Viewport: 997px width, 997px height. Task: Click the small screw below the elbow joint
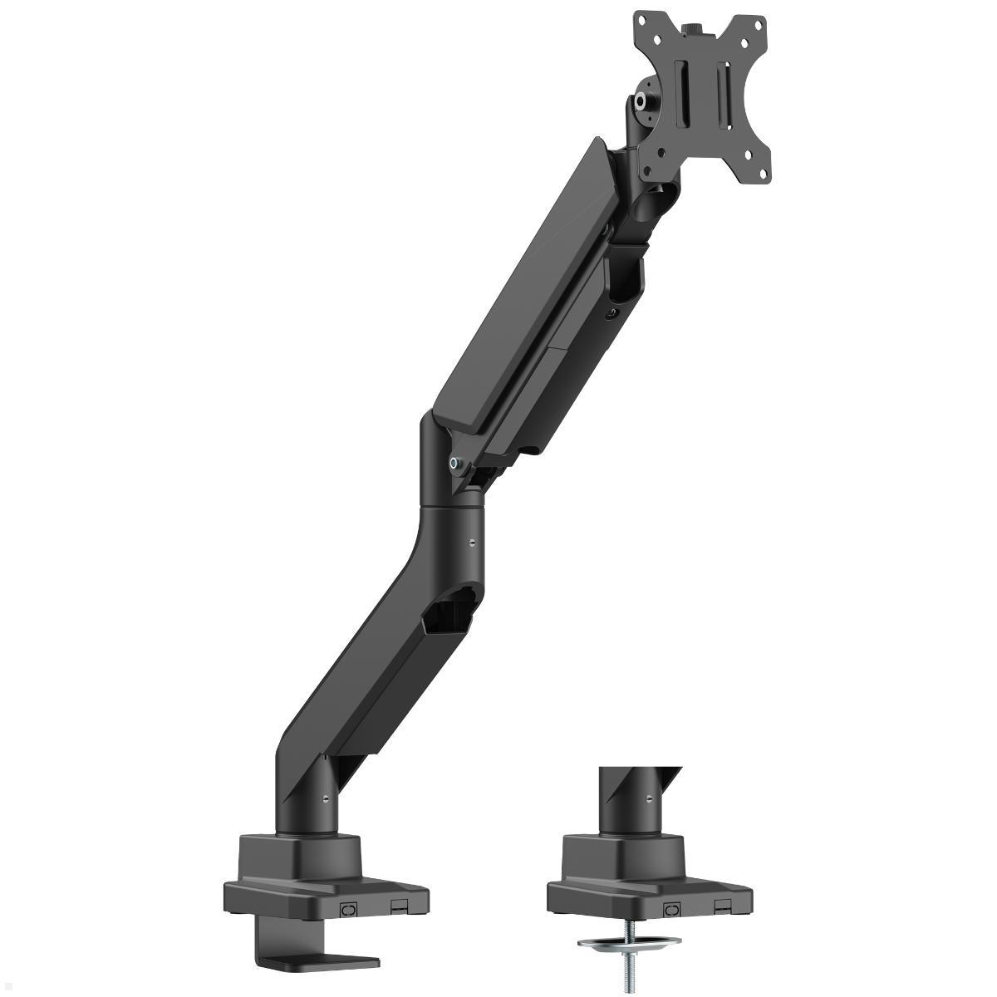[472, 543]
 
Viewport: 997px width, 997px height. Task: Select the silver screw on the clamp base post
[325, 798]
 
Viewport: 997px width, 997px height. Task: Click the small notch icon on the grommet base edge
[724, 886]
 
